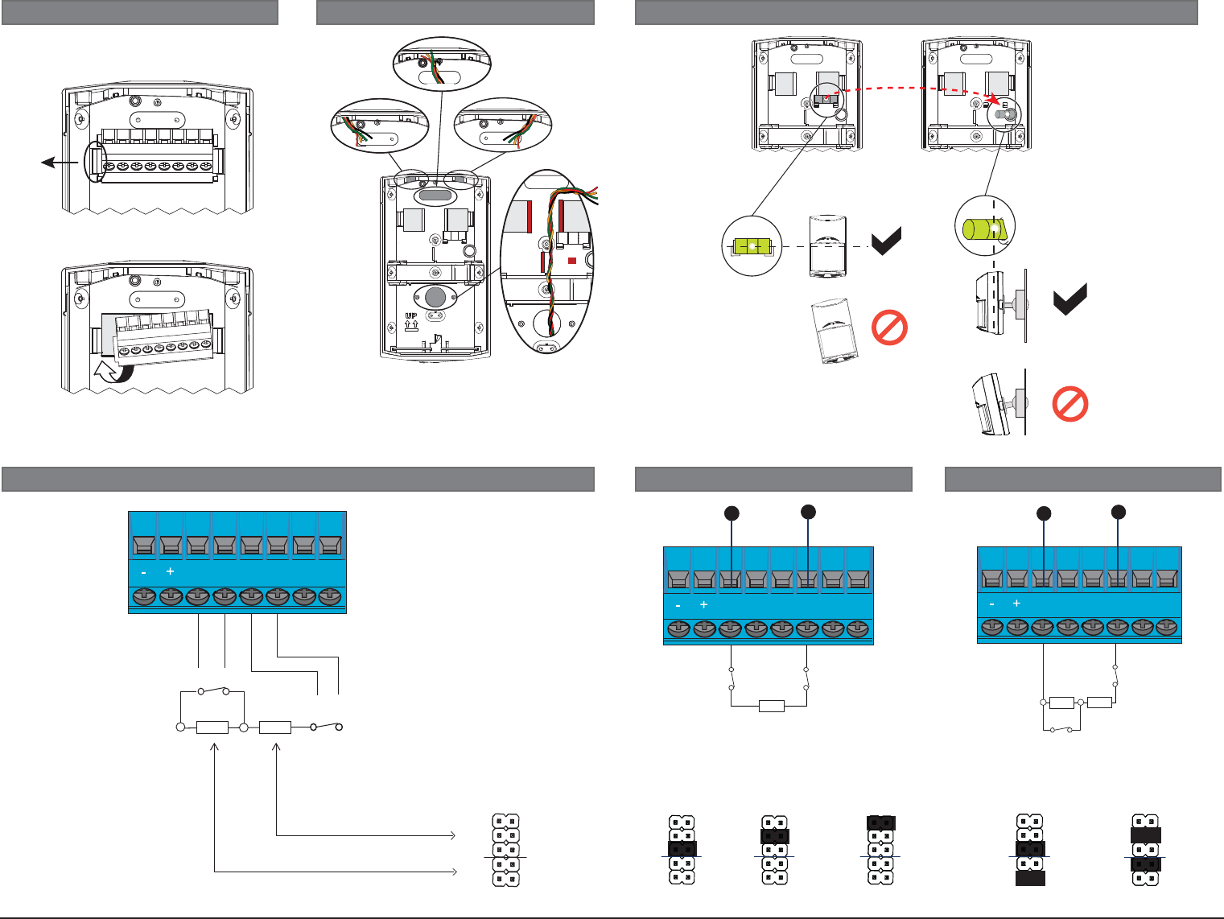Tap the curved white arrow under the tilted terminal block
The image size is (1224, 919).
click(112, 372)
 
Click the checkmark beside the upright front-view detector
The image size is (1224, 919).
click(887, 241)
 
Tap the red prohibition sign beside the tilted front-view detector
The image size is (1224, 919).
click(889, 328)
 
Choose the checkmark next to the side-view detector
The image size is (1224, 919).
click(1070, 299)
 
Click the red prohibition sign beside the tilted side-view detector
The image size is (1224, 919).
click(1070, 405)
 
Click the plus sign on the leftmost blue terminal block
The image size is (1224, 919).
click(170, 571)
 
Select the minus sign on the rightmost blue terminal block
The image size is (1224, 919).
click(991, 604)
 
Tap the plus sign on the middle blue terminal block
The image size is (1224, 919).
click(703, 605)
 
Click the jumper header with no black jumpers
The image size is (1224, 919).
click(505, 851)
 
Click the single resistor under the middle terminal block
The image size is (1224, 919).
click(771, 707)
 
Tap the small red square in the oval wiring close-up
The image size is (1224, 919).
click(572, 260)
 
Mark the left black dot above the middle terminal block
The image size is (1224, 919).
click(732, 513)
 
